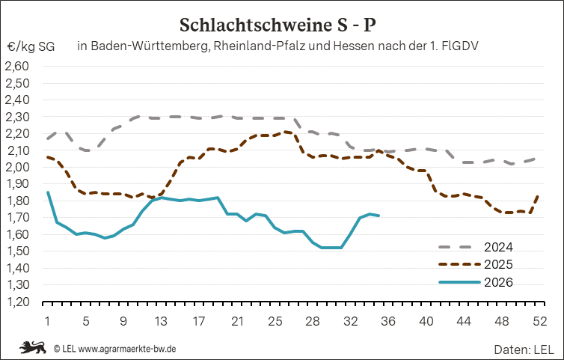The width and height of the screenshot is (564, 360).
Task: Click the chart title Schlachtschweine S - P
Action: [278, 25]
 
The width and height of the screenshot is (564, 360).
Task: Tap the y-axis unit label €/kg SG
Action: [31, 46]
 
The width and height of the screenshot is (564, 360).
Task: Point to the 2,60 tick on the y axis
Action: [17, 67]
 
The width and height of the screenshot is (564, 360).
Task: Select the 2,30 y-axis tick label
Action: [17, 117]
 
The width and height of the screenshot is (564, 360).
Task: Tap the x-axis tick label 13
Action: [161, 321]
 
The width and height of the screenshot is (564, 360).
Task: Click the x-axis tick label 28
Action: [312, 321]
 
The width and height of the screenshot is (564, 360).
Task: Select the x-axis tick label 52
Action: [539, 321]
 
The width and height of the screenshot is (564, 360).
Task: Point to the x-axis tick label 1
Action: [47, 321]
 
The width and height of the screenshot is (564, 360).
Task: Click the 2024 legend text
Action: [498, 247]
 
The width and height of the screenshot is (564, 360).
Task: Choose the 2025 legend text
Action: [498, 265]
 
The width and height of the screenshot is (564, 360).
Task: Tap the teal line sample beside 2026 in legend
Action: [460, 282]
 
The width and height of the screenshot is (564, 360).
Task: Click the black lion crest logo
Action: [33, 347]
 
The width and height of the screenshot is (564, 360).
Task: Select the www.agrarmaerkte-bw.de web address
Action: [127, 349]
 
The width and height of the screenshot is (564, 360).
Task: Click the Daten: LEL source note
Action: [524, 350]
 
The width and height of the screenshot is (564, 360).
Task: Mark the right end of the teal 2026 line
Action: [378, 216]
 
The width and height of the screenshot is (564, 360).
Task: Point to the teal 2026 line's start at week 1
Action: [47, 192]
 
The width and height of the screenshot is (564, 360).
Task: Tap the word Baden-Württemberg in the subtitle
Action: [150, 46]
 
